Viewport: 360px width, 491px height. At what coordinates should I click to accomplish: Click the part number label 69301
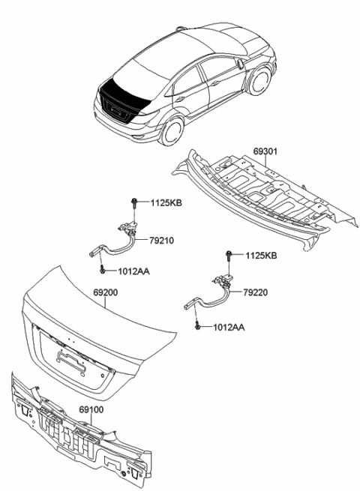tap(265, 151)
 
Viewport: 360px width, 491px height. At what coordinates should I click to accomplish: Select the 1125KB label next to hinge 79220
tap(261, 256)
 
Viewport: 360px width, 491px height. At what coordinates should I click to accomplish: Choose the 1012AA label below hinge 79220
tap(228, 328)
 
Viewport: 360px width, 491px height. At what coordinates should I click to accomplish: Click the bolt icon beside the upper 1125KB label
tap(133, 202)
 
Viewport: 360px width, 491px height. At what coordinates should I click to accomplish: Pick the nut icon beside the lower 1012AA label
tap(196, 327)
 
